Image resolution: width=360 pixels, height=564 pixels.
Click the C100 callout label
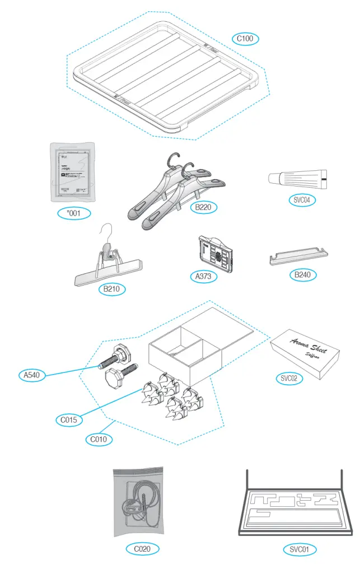tap(244, 39)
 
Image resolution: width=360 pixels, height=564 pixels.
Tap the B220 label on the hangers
tap(203, 207)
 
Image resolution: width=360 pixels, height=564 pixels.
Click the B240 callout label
tap(302, 275)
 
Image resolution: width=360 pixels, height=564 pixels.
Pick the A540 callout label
tap(32, 376)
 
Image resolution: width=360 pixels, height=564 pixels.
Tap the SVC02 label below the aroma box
tap(288, 378)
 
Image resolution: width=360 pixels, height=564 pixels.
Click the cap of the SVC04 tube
tap(274, 178)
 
